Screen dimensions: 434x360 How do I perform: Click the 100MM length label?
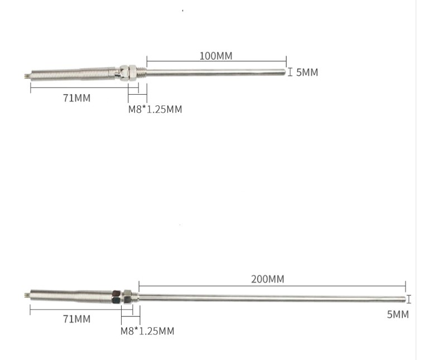tap(216, 56)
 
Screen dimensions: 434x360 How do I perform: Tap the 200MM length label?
tap(268, 279)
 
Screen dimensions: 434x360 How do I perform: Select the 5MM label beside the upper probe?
tap(307, 72)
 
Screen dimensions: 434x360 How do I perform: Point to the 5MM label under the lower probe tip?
tap(398, 315)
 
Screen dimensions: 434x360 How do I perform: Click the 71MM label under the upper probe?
tap(76, 98)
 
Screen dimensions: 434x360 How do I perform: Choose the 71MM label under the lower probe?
tap(76, 319)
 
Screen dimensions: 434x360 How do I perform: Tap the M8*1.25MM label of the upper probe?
tap(155, 109)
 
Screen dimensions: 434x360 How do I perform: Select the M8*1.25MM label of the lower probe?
tap(147, 331)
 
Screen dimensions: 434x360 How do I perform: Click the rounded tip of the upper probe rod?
tap(284, 72)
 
